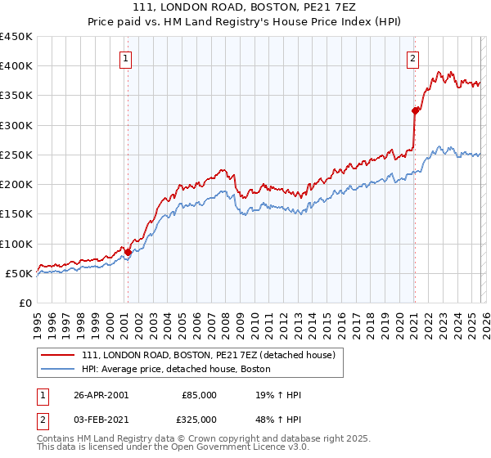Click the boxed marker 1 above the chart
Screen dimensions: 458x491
(x=127, y=58)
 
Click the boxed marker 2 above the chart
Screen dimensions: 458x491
(x=413, y=58)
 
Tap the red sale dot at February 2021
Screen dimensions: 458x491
(x=415, y=110)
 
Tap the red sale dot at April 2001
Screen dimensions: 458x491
(x=128, y=252)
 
